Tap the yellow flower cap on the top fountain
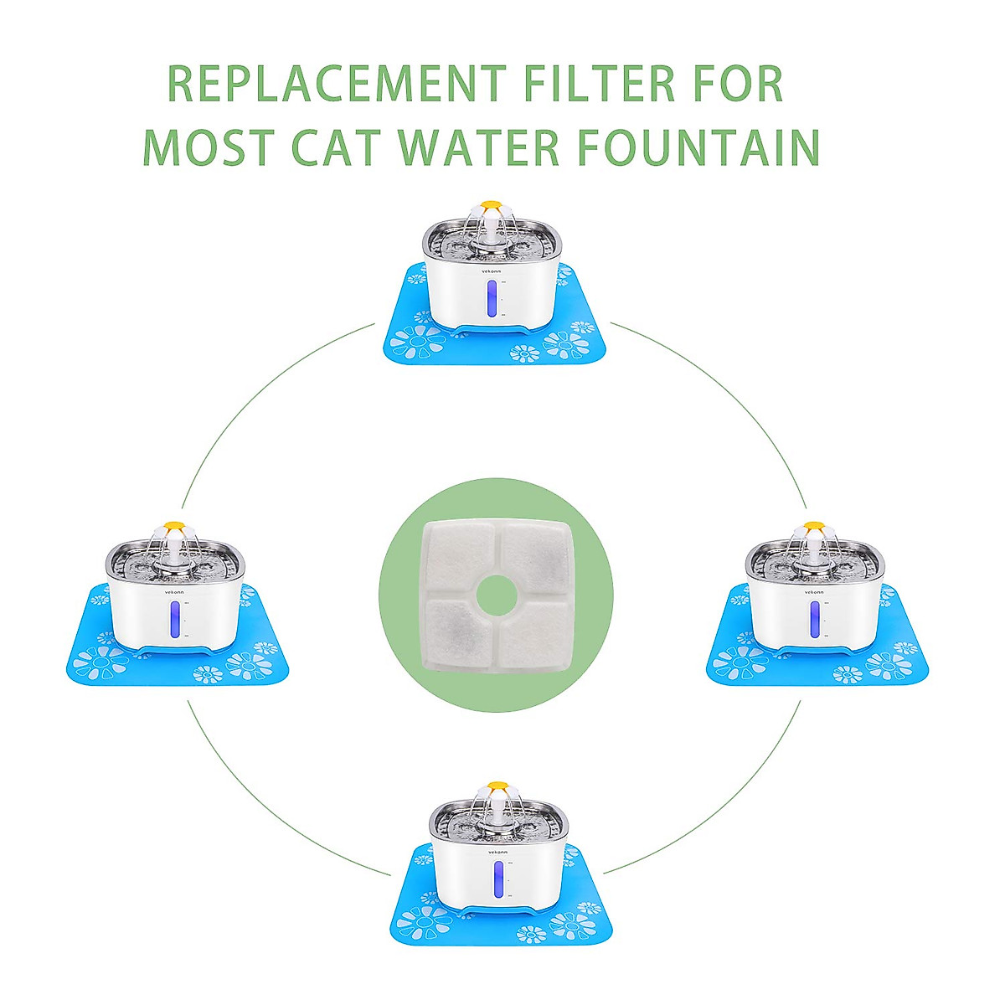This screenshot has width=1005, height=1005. [490, 204]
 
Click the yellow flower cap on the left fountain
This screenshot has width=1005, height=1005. [173, 528]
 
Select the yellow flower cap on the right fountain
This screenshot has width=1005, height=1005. [814, 528]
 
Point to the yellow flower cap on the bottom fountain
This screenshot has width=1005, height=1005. [497, 787]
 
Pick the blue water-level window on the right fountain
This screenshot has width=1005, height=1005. [813, 621]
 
